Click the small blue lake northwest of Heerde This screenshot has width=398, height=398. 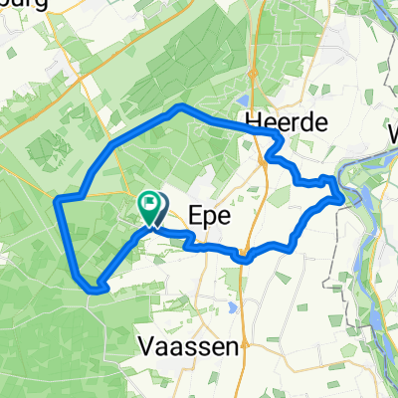tap(244, 99)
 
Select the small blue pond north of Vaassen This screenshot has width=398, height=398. tap(231, 307)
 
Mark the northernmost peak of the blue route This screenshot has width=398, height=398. tap(179, 105)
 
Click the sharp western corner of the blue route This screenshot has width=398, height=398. tap(57, 201)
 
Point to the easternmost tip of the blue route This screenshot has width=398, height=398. tap(344, 196)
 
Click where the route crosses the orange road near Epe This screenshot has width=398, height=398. tap(242, 256)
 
